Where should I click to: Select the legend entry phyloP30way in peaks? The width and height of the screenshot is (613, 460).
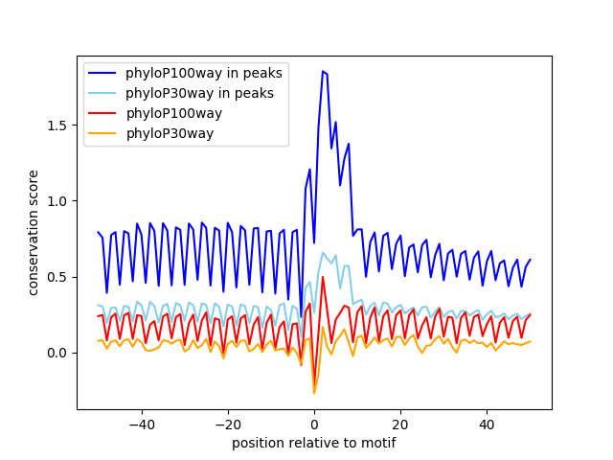pos(199,93)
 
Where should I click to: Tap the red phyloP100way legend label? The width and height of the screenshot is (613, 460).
pos(173,113)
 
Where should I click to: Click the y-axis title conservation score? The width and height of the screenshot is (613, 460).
pos(34,232)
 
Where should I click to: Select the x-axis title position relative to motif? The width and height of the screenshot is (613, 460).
pos(313,443)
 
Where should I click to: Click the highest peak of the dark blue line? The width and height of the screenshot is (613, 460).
pos(323,71)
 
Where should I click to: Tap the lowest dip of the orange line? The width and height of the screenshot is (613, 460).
pos(314,393)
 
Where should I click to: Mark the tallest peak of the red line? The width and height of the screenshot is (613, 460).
pos(323,277)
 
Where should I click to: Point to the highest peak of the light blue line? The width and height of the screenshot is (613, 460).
pos(323,253)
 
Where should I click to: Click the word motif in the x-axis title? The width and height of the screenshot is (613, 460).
pos(378,443)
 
